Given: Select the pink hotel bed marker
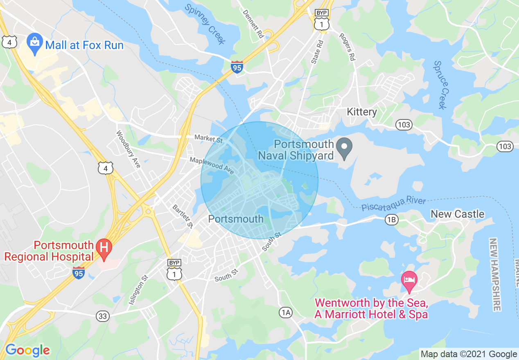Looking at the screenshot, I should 409,281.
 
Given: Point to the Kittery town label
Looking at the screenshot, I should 362,112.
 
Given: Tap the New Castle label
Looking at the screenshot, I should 457,214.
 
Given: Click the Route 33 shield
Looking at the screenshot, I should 102,316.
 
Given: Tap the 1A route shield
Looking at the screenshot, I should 286,313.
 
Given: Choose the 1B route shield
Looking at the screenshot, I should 391,220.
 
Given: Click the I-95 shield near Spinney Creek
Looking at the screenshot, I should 237,67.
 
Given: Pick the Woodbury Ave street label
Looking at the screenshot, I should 129,149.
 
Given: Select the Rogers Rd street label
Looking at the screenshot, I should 347,46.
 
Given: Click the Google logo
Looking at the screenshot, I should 27,350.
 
